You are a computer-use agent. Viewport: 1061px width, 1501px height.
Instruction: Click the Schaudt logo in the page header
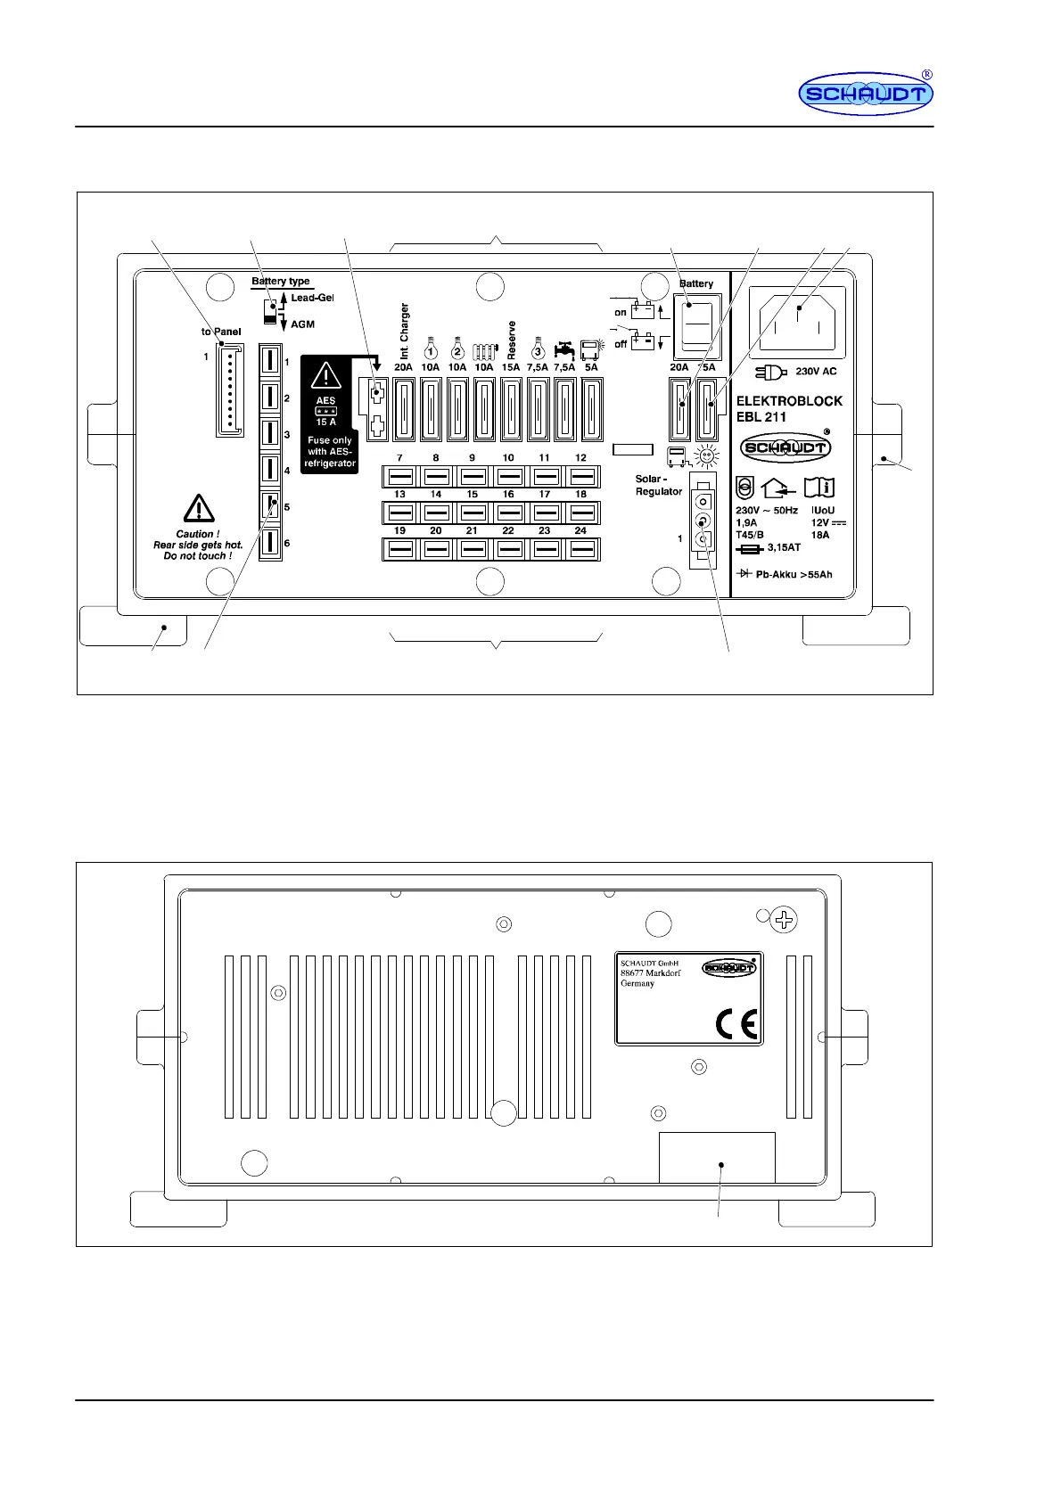pos(865,94)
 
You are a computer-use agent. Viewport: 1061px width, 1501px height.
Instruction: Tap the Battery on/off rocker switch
pos(696,324)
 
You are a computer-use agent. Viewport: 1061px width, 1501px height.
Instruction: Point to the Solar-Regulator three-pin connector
pos(703,522)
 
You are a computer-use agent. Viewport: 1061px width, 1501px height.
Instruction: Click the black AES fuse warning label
pos(329,414)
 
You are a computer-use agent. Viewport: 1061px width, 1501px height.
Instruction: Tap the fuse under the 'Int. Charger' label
pos(404,409)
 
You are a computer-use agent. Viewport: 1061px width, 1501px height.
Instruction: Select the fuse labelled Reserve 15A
pos(510,409)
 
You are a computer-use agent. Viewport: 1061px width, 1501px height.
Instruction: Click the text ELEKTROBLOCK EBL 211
pos(788,408)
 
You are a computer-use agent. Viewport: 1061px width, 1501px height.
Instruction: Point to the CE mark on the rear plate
pos(736,1025)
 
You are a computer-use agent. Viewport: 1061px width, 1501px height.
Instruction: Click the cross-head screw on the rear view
pos(784,920)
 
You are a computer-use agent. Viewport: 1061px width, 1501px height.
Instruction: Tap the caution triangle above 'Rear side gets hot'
pos(198,509)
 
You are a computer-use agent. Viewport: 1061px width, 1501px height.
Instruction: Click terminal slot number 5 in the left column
pos(270,506)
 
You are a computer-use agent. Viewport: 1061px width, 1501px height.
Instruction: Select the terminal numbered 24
pos(580,550)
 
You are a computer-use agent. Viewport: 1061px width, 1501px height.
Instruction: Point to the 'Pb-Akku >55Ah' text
pos(793,574)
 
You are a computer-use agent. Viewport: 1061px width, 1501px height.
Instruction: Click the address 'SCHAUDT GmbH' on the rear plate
pos(649,964)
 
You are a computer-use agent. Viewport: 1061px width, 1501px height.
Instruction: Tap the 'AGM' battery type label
pos(302,324)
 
